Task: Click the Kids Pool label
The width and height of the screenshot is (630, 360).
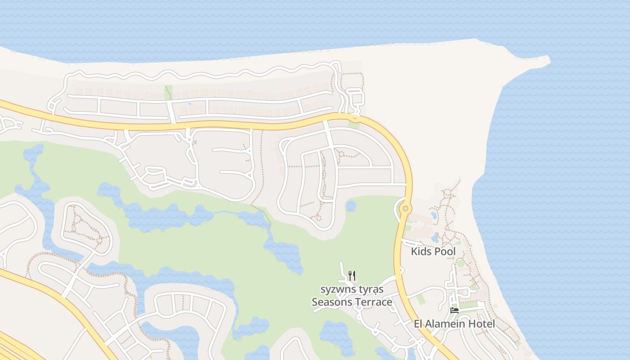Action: click(x=433, y=252)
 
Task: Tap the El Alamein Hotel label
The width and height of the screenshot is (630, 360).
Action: click(x=454, y=324)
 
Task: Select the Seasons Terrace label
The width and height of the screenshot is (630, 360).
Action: click(x=352, y=302)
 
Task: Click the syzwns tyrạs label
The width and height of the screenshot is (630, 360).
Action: click(x=352, y=289)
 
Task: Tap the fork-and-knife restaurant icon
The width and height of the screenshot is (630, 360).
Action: click(x=352, y=275)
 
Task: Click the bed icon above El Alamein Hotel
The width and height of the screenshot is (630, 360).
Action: click(x=454, y=310)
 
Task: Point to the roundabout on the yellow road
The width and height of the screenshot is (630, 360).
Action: click(x=406, y=208)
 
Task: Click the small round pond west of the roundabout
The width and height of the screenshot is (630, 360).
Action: click(x=351, y=206)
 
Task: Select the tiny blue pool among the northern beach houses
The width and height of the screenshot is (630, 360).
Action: click(x=189, y=104)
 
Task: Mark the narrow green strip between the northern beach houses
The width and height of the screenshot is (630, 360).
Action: click(x=169, y=92)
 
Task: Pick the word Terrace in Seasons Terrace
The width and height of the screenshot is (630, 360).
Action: click(x=372, y=302)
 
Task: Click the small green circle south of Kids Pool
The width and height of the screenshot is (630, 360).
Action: click(x=460, y=263)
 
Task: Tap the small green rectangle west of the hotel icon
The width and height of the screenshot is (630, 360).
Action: click(x=420, y=299)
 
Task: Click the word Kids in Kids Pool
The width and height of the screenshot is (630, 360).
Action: click(x=420, y=252)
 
